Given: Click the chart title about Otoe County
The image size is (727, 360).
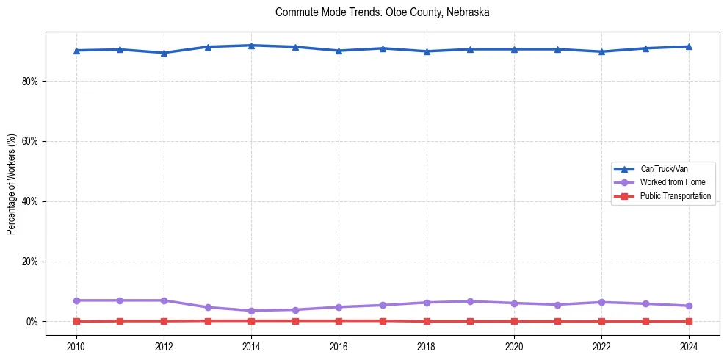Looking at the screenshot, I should (x=382, y=12).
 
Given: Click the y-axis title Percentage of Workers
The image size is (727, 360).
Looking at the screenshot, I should (x=11, y=184).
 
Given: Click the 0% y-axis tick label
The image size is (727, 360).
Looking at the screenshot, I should (x=32, y=322).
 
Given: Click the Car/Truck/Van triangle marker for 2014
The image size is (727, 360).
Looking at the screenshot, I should (x=251, y=46).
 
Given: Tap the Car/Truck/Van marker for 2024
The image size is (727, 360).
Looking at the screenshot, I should (x=689, y=46).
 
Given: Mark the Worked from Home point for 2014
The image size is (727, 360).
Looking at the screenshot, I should (x=251, y=311).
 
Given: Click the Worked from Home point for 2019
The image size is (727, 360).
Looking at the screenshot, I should (x=470, y=301).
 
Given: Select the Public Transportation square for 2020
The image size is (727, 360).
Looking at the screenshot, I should (x=514, y=321).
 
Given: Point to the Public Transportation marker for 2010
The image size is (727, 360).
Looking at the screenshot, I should (x=76, y=321).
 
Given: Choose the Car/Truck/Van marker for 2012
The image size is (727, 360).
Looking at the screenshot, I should (x=164, y=53).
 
